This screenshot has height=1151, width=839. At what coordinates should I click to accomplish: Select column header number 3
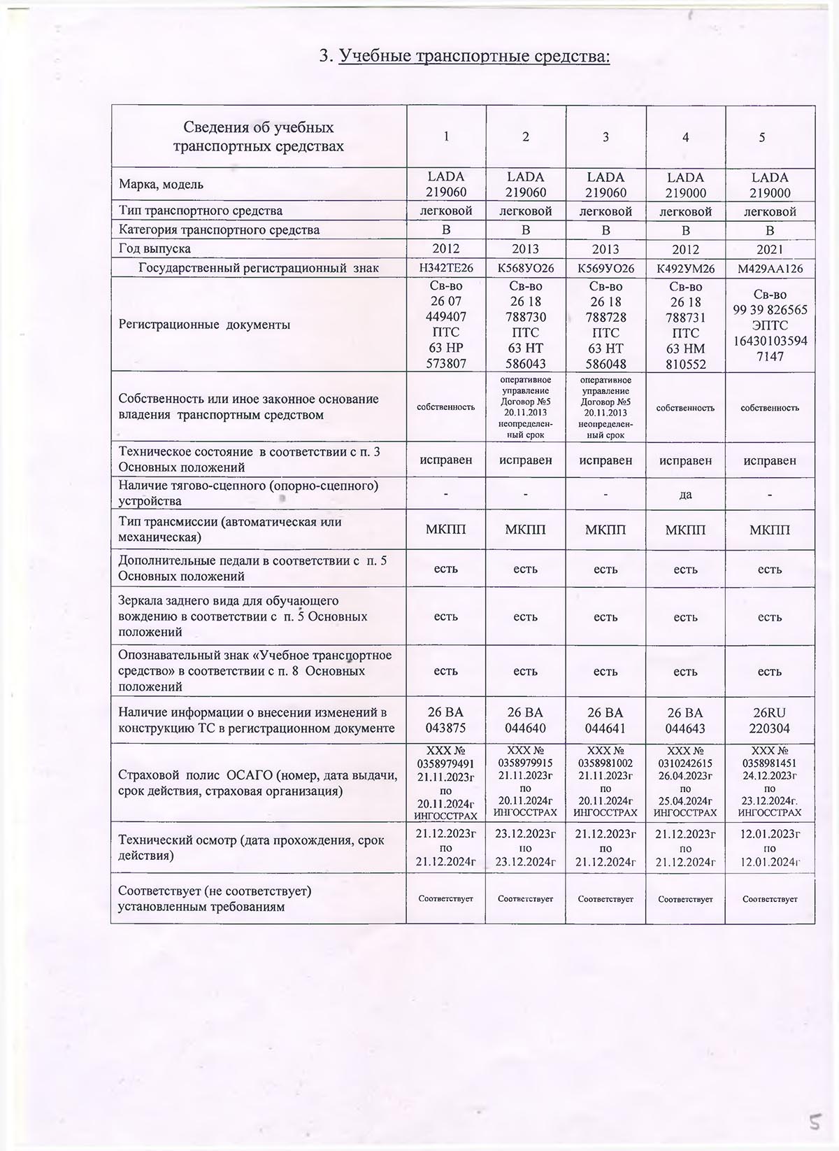click(605, 137)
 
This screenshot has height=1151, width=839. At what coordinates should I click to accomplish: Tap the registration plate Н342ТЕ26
click(446, 269)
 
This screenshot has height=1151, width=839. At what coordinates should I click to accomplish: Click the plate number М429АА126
click(770, 269)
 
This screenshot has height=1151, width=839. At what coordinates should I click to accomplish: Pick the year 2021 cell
click(770, 249)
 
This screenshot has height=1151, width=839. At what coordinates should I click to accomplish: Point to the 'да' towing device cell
click(686, 494)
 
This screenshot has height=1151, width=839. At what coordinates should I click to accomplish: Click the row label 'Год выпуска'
click(155, 249)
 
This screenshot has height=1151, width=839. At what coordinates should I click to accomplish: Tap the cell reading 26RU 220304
click(770, 720)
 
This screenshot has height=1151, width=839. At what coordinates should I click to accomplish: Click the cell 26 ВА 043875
click(446, 720)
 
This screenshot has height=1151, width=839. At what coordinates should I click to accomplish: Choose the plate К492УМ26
click(686, 269)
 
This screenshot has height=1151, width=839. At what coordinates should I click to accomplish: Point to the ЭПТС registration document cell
click(770, 325)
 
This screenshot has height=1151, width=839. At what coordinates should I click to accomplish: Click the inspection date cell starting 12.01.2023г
click(770, 847)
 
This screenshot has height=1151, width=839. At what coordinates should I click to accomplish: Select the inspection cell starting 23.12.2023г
click(525, 847)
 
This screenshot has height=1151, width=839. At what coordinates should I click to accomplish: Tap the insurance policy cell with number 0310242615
click(686, 782)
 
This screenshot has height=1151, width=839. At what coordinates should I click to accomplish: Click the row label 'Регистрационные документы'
click(204, 325)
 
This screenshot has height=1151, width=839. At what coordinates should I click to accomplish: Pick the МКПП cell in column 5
click(770, 530)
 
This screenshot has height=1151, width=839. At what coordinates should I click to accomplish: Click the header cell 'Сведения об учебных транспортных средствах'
click(259, 137)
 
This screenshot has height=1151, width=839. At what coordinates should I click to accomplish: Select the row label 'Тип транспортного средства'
click(201, 211)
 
